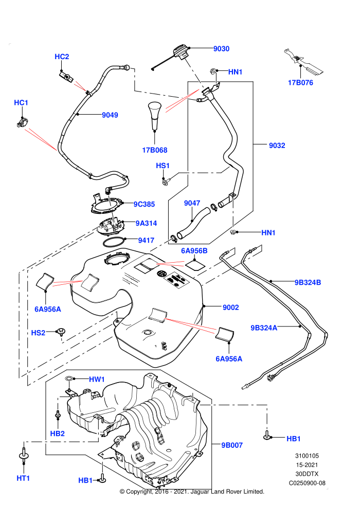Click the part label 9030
coord(221,49)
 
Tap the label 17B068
coord(155,150)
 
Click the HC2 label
coord(62,57)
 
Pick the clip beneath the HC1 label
coord(22,123)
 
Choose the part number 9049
coord(110,115)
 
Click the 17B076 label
coord(300,83)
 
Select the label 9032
coord(277,146)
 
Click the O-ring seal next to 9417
coord(114,242)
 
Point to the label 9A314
coord(146,223)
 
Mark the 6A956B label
coord(194,250)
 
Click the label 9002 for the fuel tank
coord(231,307)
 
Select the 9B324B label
coord(308,282)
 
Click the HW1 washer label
coord(97,379)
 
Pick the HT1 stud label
coord(23,478)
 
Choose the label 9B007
coord(232,445)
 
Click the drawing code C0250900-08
coord(307,483)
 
